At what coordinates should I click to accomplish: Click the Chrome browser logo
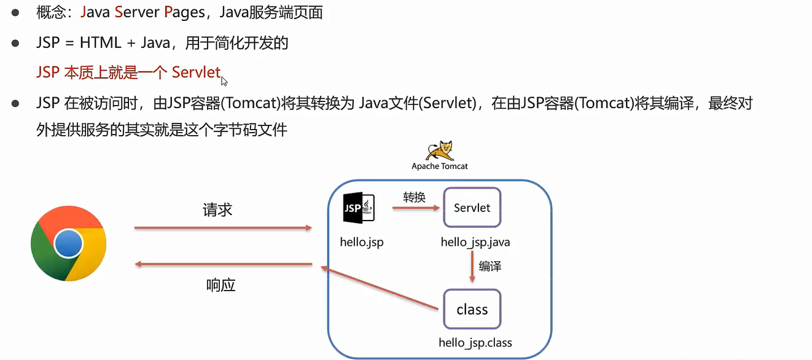tap(68, 244)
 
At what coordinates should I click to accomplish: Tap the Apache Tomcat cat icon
tap(440, 151)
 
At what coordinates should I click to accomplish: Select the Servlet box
tap(472, 208)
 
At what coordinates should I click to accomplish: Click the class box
tap(472, 310)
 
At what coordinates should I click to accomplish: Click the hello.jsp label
tap(361, 242)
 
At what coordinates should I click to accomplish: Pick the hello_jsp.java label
tap(475, 242)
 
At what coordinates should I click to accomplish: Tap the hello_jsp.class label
tap(475, 342)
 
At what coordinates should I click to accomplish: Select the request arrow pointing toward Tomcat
tap(224, 228)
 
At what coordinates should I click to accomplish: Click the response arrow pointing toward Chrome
tap(224, 264)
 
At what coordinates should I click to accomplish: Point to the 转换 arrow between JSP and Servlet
tap(416, 208)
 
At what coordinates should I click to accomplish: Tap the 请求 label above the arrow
tap(217, 209)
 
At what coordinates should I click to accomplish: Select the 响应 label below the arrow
tap(221, 286)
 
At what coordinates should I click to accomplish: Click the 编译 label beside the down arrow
tap(490, 267)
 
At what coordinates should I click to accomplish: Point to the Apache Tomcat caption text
tap(440, 166)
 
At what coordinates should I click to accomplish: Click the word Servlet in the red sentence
tap(196, 72)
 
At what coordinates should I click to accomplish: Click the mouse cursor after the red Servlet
tap(224, 80)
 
